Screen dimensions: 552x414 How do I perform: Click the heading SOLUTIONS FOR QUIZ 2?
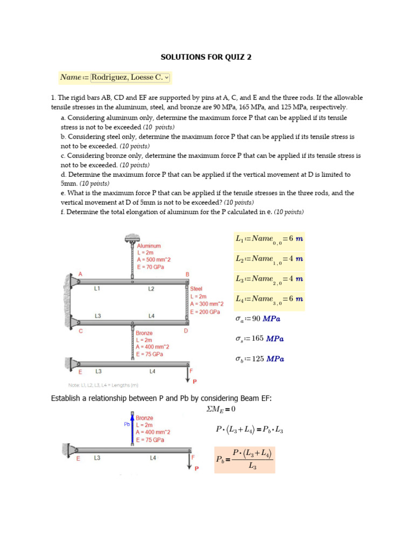[206, 57]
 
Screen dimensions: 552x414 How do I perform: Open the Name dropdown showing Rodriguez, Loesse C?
[130, 78]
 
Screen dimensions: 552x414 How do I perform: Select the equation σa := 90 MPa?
[259, 319]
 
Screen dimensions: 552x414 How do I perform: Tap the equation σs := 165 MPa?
[260, 339]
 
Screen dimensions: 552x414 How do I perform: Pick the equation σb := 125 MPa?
[260, 358]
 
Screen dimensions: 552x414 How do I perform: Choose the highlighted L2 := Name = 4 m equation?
[269, 260]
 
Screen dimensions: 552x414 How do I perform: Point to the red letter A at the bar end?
[80, 274]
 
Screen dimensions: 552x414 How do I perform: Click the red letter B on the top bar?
[188, 274]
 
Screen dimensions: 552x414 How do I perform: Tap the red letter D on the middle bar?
[186, 331]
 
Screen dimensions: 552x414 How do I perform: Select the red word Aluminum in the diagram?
[149, 246]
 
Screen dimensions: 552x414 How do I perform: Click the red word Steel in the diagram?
[196, 289]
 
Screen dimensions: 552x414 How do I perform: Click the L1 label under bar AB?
[97, 289]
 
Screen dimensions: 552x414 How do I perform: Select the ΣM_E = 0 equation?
[221, 409]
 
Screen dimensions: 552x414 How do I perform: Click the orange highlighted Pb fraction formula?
[244, 459]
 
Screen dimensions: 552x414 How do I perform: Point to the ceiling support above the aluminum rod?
[132, 238]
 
